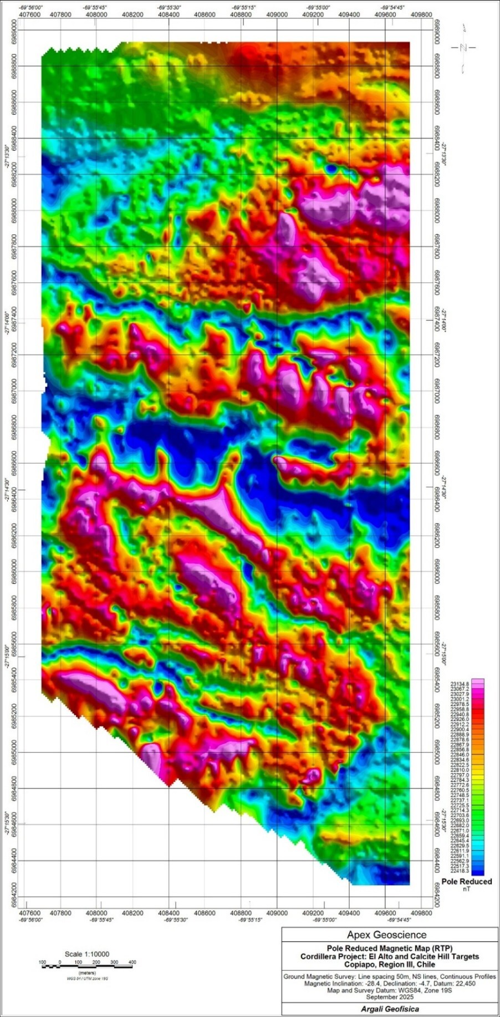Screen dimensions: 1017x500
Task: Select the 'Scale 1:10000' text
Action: (x=87, y=954)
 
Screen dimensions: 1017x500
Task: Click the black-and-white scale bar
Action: (x=87, y=967)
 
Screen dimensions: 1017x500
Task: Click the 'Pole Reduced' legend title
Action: (x=466, y=881)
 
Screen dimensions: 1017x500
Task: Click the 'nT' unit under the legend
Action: (x=466, y=889)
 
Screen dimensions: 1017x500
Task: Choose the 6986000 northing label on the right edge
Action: (x=437, y=571)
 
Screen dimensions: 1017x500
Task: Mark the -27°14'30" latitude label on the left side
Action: (x=7, y=488)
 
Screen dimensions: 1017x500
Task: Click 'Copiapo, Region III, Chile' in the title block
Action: (x=389, y=964)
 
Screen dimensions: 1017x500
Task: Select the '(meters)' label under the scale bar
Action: (x=87, y=973)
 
